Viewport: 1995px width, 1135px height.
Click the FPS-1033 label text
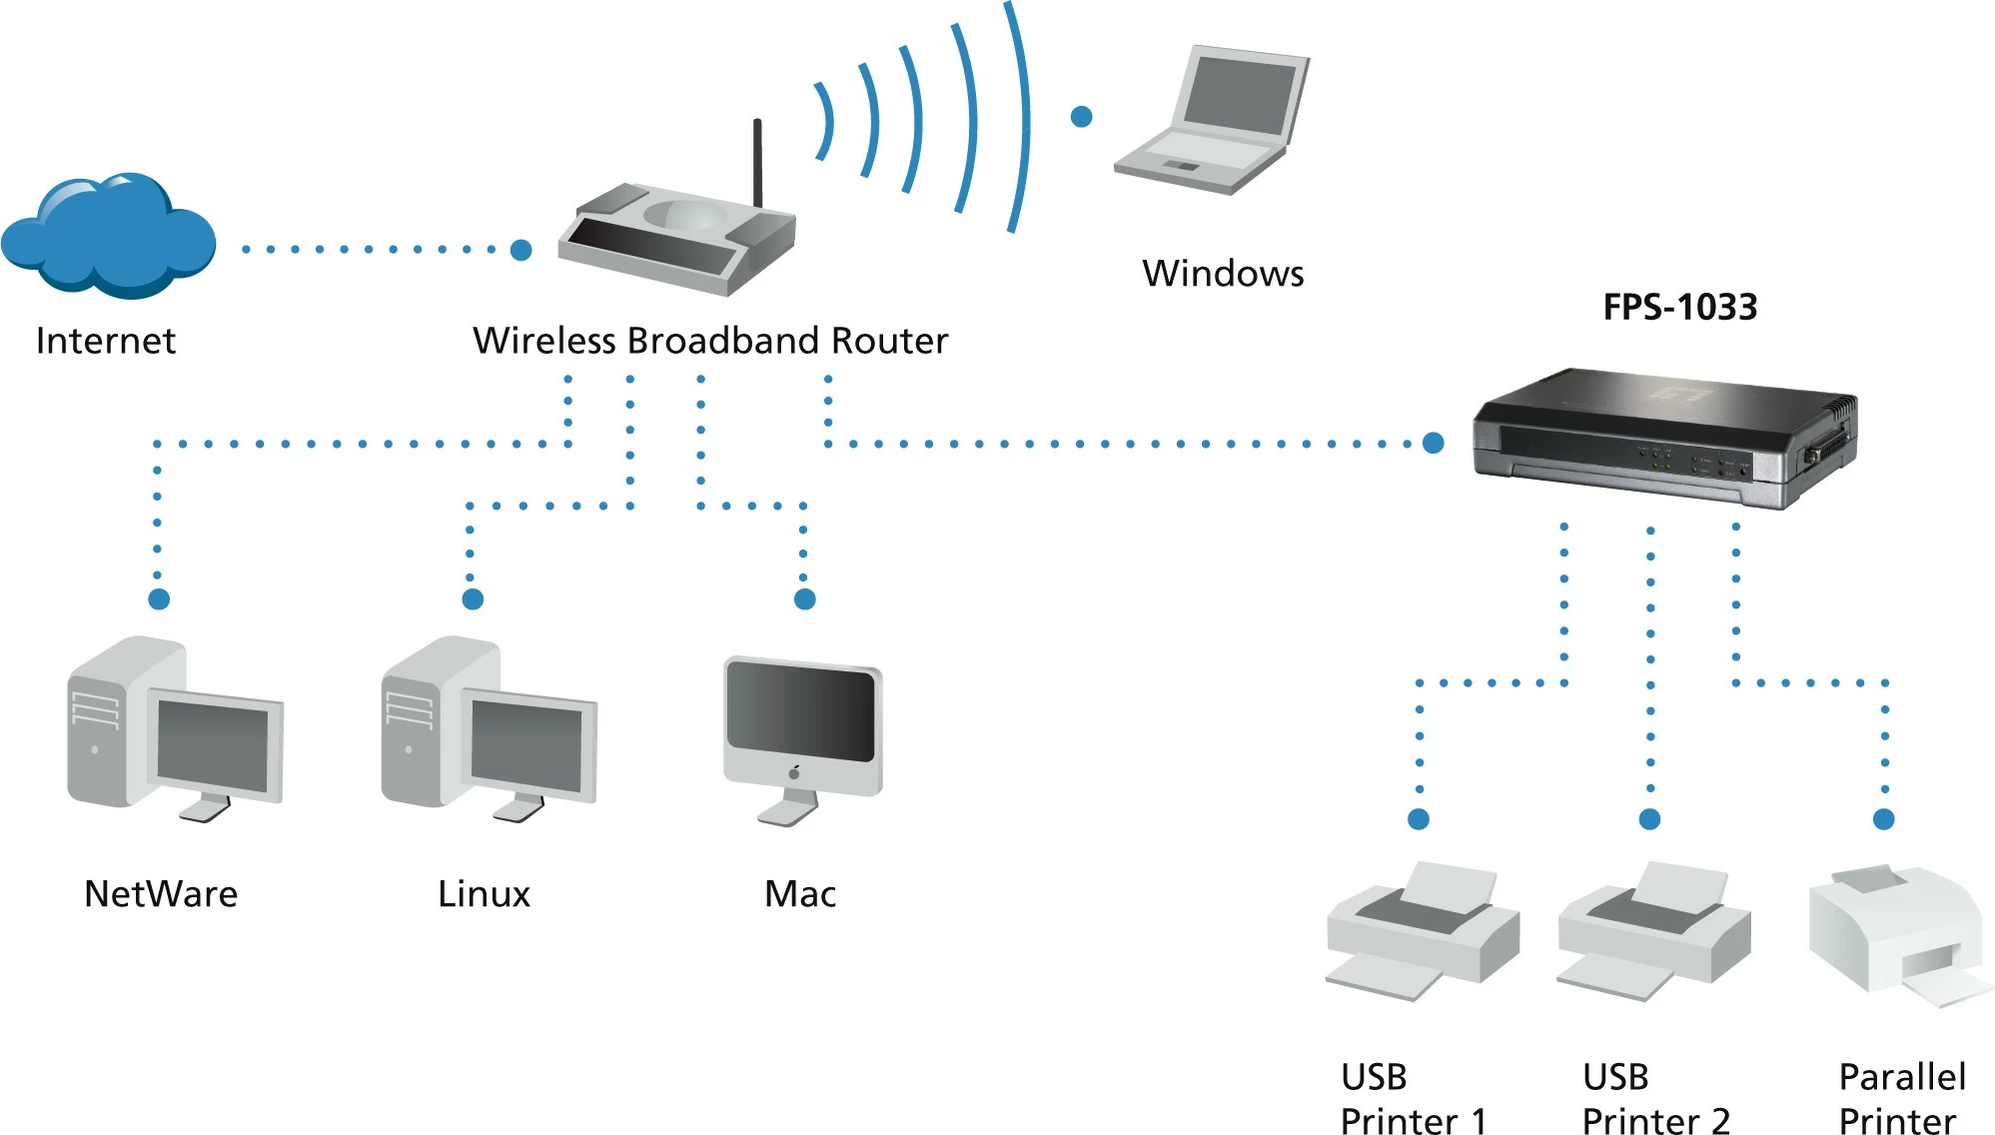pyautogui.click(x=1679, y=307)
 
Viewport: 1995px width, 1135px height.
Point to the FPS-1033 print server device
pyautogui.click(x=1663, y=440)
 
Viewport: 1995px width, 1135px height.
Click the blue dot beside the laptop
pyautogui.click(x=1081, y=117)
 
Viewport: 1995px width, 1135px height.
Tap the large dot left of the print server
pyautogui.click(x=1433, y=443)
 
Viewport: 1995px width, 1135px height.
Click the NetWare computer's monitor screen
pyautogui.click(x=213, y=744)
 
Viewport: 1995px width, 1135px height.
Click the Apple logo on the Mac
pyautogui.click(x=794, y=772)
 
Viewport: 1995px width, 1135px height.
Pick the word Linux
pyautogui.click(x=484, y=893)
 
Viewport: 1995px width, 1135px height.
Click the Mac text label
pyautogui.click(x=799, y=893)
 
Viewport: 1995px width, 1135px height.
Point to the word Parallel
pyautogui.click(x=1901, y=1077)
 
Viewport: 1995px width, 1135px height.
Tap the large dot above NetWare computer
pyautogui.click(x=159, y=598)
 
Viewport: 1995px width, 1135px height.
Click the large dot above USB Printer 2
pyautogui.click(x=1649, y=819)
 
